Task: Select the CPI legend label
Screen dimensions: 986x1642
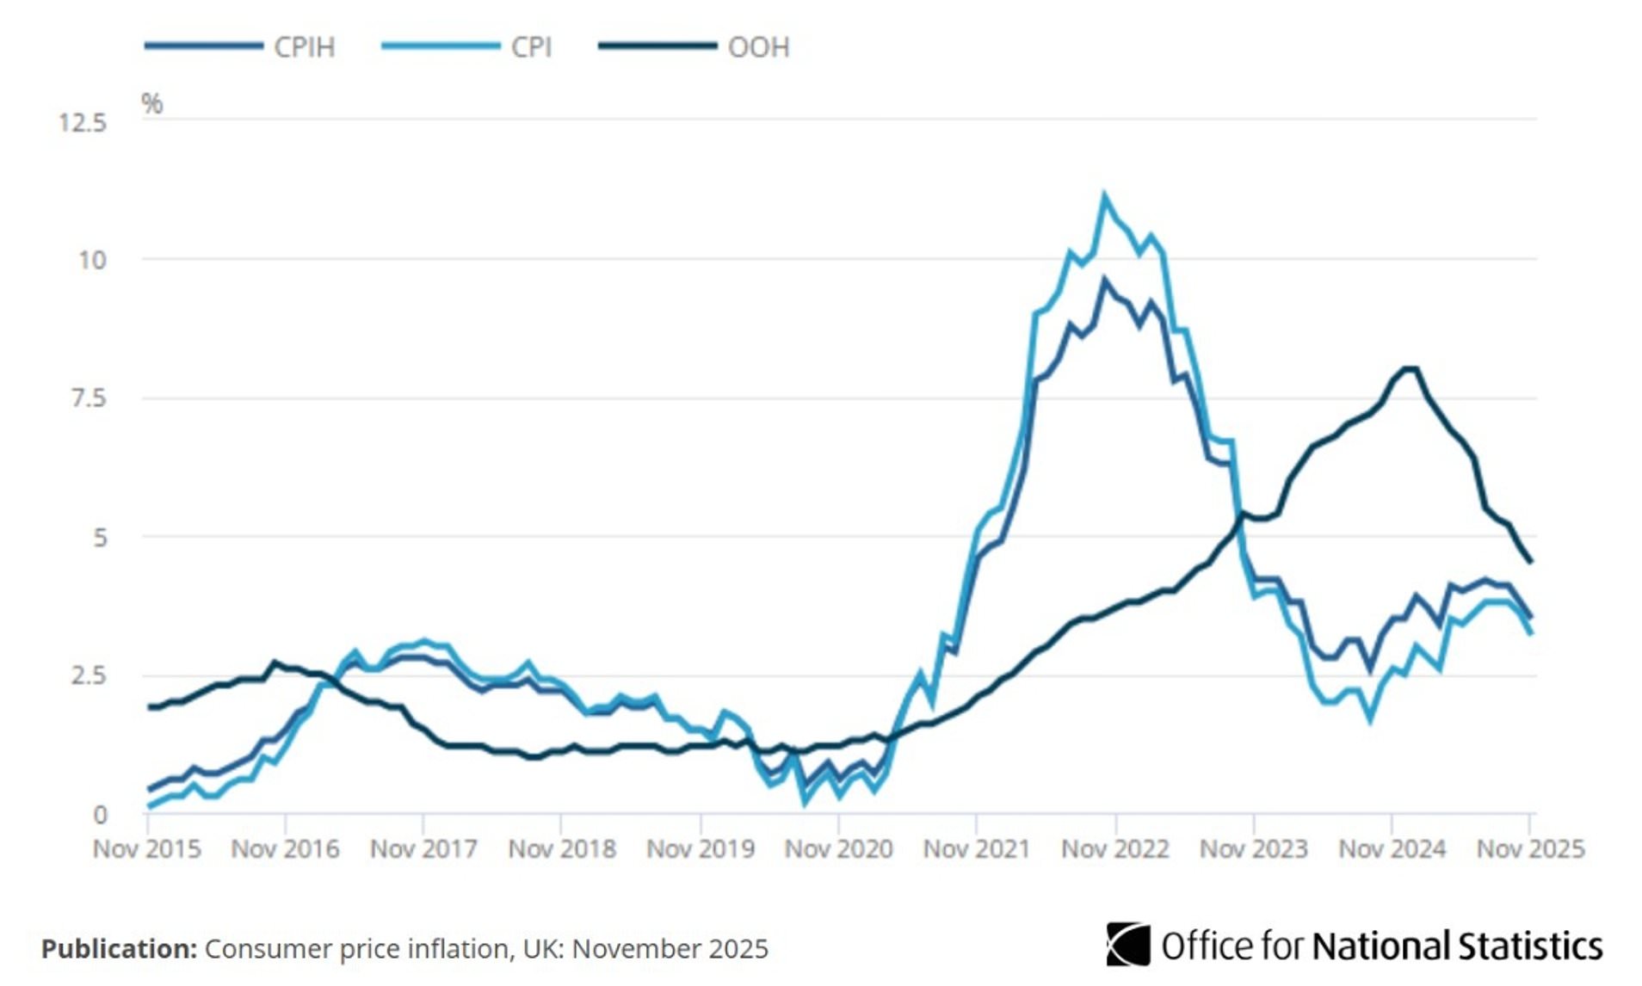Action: [x=531, y=47]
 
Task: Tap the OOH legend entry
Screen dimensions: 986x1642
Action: [x=757, y=47]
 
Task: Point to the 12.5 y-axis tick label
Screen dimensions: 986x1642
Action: [x=83, y=123]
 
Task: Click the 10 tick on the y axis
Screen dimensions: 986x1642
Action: [x=92, y=260]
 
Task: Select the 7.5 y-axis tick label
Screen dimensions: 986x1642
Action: [x=89, y=398]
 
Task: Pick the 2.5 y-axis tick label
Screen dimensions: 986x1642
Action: [x=89, y=675]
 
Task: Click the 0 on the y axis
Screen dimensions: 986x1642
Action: [x=100, y=814]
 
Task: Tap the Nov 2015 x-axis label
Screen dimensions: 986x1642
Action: [x=147, y=849]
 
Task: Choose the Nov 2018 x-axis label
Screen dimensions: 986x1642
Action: [x=562, y=849]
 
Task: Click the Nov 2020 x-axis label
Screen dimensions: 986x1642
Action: [x=838, y=849]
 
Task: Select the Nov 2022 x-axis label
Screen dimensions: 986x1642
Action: [x=1115, y=849]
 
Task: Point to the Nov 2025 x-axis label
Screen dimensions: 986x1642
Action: [x=1530, y=849]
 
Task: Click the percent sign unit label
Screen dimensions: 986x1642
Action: [x=152, y=104]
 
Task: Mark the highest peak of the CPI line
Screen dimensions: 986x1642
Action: [x=1104, y=197]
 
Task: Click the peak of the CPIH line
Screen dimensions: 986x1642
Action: [x=1104, y=280]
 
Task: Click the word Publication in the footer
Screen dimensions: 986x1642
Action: [x=119, y=948]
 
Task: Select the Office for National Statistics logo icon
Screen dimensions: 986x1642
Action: [x=1127, y=945]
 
